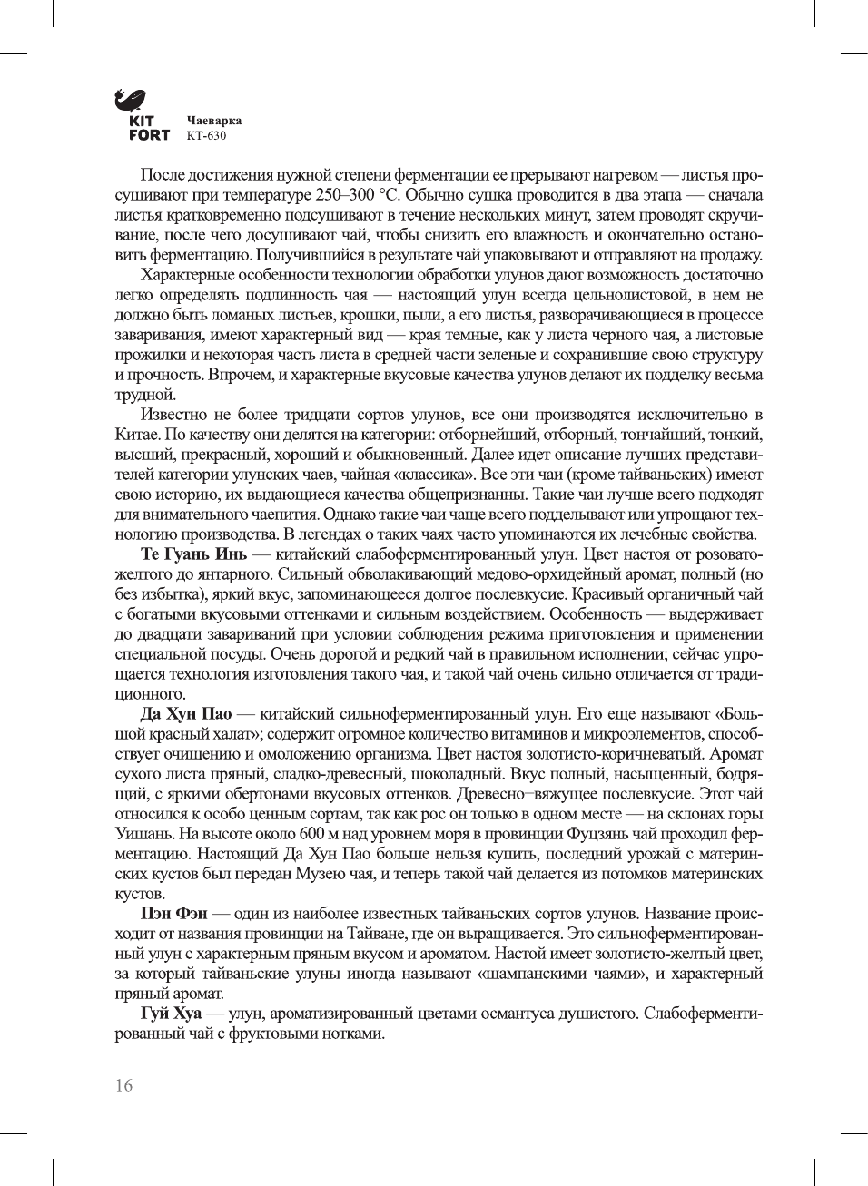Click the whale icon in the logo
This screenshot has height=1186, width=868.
(x=131, y=99)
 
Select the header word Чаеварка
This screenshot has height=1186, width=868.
(x=213, y=120)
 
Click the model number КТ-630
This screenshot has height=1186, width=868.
(x=206, y=136)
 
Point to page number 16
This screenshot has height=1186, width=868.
(x=123, y=1085)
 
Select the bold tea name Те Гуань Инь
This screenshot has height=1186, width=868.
(x=193, y=554)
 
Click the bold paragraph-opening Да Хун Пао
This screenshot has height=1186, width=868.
(x=185, y=714)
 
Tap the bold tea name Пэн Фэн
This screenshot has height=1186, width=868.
(x=173, y=914)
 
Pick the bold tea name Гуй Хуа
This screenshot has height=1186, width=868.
(x=171, y=1014)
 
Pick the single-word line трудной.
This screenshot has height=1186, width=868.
(x=144, y=395)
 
